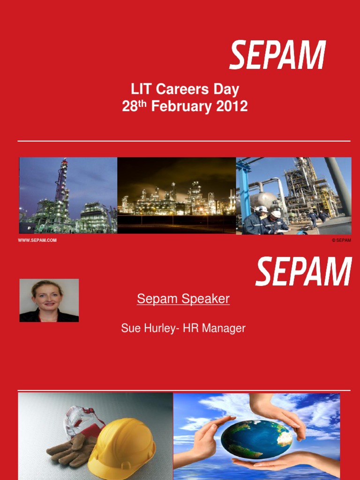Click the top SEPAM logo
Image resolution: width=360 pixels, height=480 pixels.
pos(277,55)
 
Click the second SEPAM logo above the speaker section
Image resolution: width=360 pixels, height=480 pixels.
pos(303,271)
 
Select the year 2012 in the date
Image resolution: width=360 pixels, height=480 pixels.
pos(232,106)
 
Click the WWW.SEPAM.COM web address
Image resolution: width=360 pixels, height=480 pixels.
pos(37,240)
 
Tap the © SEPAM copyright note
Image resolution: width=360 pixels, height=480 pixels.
pos(341,240)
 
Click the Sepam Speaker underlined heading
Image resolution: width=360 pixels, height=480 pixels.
pos(183,299)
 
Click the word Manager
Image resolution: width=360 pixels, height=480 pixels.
pos(227,329)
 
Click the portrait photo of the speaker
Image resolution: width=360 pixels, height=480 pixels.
pos(49,300)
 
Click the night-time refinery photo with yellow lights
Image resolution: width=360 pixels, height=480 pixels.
pos(176,195)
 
